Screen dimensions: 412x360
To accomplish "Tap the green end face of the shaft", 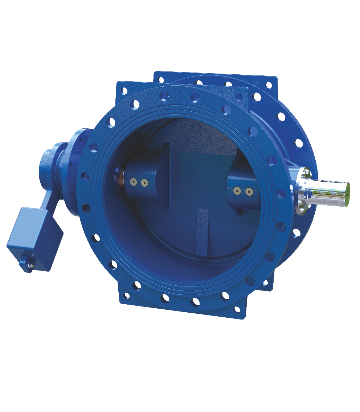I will [347, 189].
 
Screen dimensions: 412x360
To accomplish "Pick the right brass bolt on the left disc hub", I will [144, 182].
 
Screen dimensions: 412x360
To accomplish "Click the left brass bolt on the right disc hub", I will [237, 190].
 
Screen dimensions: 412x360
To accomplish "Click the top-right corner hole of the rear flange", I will [269, 85].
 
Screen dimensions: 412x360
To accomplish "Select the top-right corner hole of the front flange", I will [240, 97].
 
